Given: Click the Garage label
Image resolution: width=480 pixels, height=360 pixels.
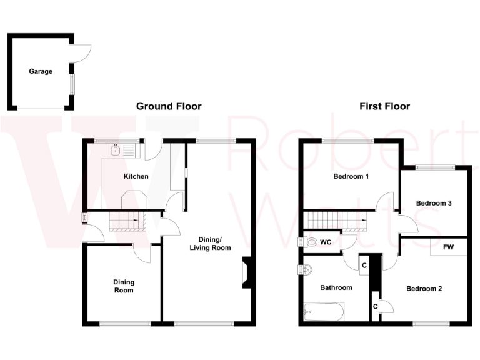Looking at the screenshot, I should coord(41,71).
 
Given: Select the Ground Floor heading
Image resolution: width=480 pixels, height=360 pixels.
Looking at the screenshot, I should coord(169,106).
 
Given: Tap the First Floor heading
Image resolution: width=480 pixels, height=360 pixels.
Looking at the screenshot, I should coord(384,106).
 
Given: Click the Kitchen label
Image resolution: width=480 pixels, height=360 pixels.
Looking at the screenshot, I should coord(136,176).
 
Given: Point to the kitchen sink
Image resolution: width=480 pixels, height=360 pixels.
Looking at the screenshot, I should coord(116,150).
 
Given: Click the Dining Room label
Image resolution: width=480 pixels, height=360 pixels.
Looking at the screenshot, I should coord(123,286).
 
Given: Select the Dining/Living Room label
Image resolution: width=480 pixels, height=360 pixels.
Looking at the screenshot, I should coord(210,244).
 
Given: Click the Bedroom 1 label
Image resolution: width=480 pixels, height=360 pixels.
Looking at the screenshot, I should coord(351,176).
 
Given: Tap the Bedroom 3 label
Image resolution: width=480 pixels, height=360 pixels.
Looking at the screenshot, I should coord(434,203).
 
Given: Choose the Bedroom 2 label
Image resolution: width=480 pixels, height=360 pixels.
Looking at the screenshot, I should coord(424,289).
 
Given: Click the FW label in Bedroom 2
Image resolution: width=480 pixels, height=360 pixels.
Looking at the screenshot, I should coord(448,247).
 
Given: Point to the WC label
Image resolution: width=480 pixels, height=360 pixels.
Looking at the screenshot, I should coord(326,242).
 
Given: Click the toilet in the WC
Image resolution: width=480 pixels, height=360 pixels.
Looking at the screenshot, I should coord(311,242).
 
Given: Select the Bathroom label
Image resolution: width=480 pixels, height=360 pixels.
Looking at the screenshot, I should coord(336,288).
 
